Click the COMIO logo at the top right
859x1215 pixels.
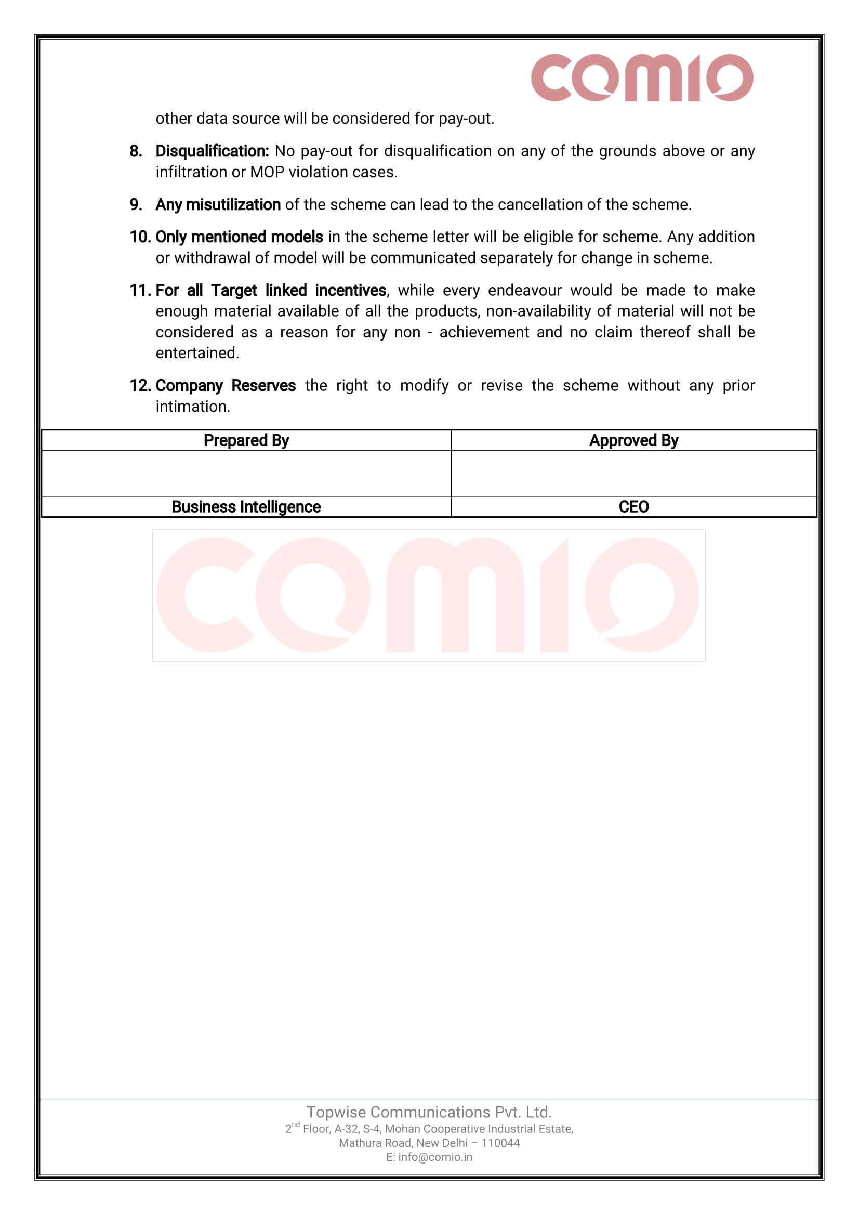click(642, 77)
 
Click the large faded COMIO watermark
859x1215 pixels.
click(428, 595)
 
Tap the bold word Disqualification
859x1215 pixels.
click(212, 151)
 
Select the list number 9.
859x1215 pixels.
click(136, 205)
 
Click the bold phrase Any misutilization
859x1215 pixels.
click(218, 205)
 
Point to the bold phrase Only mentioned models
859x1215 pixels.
click(239, 237)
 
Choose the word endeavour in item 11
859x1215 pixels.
click(524, 291)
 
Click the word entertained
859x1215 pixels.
click(197, 353)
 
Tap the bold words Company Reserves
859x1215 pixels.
click(226, 386)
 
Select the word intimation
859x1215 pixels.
click(192, 407)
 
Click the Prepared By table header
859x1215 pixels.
click(246, 440)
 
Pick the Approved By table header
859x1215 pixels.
click(633, 440)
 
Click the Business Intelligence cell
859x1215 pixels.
click(246, 507)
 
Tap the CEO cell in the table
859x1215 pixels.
click(633, 507)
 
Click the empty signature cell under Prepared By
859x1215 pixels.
click(246, 473)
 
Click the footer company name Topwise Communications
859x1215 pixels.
click(429, 1112)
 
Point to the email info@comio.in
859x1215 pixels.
click(435, 1157)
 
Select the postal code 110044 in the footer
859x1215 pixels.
click(500, 1143)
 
